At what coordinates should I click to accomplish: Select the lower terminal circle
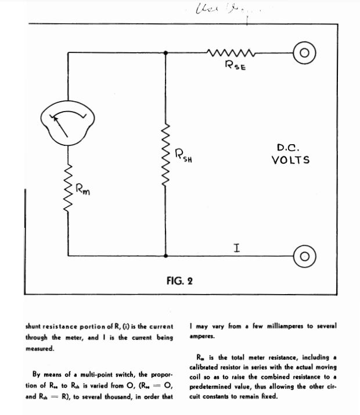[304, 255]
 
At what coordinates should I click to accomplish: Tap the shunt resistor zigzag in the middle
[167, 154]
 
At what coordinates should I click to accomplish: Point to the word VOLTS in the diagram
[290, 160]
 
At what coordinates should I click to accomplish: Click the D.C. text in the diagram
[288, 148]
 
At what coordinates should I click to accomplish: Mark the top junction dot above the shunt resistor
[167, 52]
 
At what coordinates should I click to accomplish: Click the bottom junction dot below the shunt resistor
[167, 255]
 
